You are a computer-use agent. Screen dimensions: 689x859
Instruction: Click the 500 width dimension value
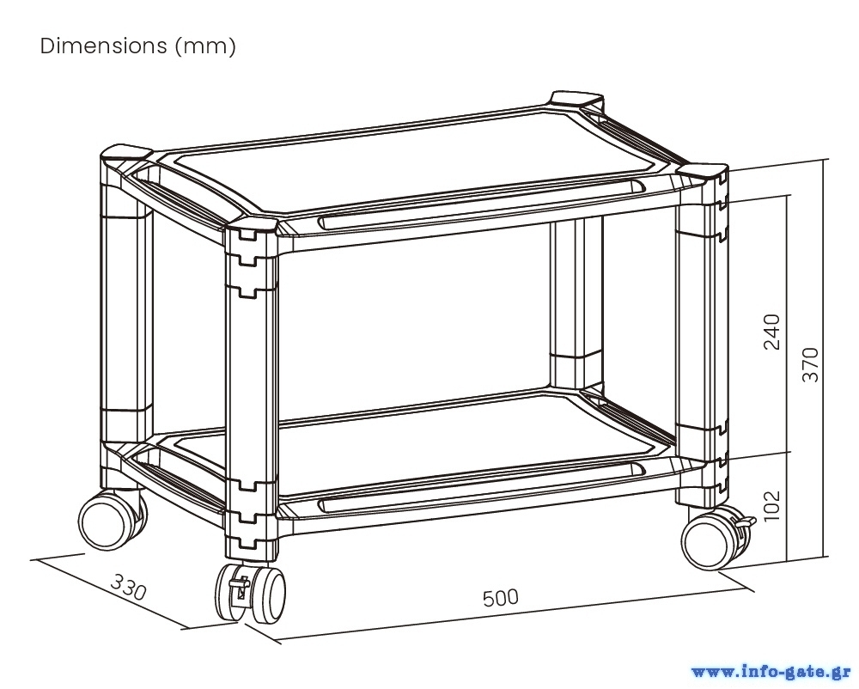point(501,596)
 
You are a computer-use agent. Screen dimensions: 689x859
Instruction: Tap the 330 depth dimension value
point(129,588)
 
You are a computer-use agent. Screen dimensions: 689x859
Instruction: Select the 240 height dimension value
point(772,332)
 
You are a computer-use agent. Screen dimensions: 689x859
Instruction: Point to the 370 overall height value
point(810,364)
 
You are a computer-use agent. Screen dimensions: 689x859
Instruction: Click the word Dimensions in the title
point(103,46)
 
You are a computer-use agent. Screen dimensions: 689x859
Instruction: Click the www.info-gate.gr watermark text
point(771,670)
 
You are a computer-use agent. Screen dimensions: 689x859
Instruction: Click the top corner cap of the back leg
point(576,98)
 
